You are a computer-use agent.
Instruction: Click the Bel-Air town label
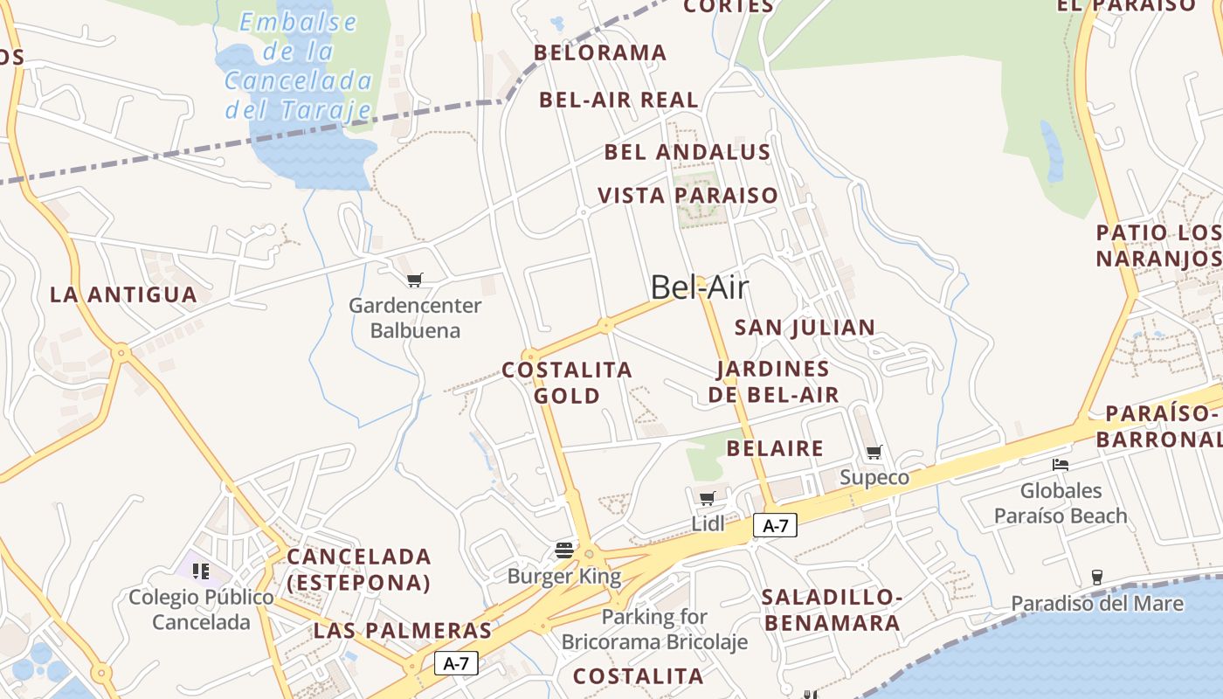coord(700,287)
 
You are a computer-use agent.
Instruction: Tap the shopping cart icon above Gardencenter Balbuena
coord(415,280)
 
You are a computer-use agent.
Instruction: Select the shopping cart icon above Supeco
coord(874,452)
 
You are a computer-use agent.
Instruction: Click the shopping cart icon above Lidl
coord(708,498)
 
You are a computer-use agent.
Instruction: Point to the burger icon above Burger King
coord(564,550)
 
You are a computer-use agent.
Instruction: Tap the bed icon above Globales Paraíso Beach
coord(1061,464)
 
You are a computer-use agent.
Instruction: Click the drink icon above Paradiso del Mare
coord(1097,577)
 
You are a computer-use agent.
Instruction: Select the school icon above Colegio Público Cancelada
coord(201,571)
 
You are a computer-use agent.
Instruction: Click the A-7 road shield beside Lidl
coord(775,525)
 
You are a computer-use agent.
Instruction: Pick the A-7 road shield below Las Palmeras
coord(456,663)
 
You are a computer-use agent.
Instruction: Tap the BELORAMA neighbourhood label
coord(600,52)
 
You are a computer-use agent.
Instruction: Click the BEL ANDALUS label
coord(688,152)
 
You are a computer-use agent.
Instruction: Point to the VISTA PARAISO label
coord(688,195)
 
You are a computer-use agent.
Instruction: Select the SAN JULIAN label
coord(805,328)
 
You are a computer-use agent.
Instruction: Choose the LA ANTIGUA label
coord(123,294)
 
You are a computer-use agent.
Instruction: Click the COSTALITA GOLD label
coord(567,383)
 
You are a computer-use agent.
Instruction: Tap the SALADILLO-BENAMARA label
coord(831,610)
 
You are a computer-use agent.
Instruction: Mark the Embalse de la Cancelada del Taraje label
coord(299,66)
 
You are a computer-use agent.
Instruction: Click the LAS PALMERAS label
coord(403,630)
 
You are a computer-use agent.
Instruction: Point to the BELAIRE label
coord(775,448)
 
